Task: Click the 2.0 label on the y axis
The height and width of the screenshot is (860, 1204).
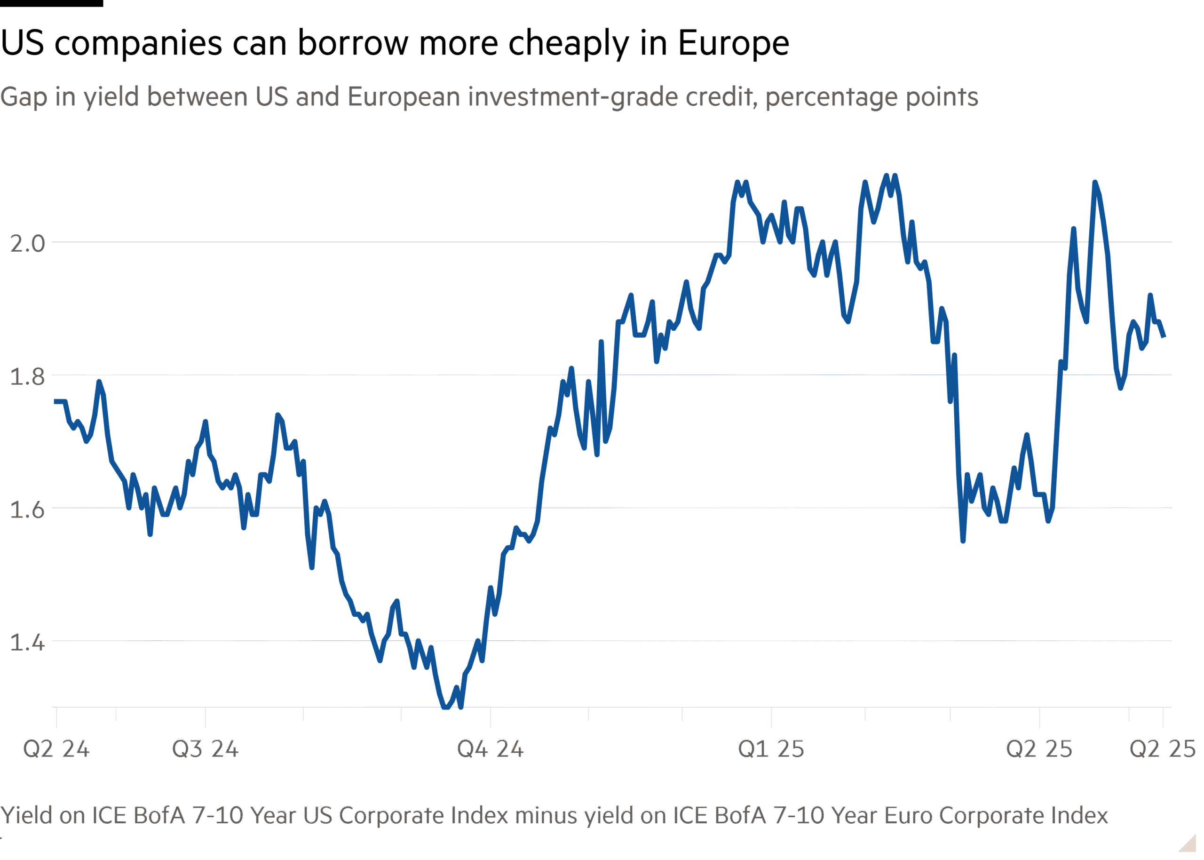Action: pos(28,244)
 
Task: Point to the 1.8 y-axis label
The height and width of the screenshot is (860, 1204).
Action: pos(28,376)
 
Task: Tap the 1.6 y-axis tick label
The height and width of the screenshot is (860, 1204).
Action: pos(28,510)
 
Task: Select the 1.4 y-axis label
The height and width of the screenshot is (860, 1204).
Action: pos(28,642)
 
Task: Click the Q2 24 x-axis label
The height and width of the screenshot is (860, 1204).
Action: pos(56,749)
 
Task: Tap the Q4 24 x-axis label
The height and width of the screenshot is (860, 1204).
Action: pos(490,749)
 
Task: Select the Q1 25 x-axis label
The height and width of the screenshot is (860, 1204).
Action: pos(771,749)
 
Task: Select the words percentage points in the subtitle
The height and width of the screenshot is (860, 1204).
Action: pos(871,97)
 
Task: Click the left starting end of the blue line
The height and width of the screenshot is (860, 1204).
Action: pos(55,401)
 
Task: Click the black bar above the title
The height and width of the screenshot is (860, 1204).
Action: pos(51,3)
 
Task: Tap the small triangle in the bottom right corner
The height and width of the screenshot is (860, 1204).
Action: pos(1188,844)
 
